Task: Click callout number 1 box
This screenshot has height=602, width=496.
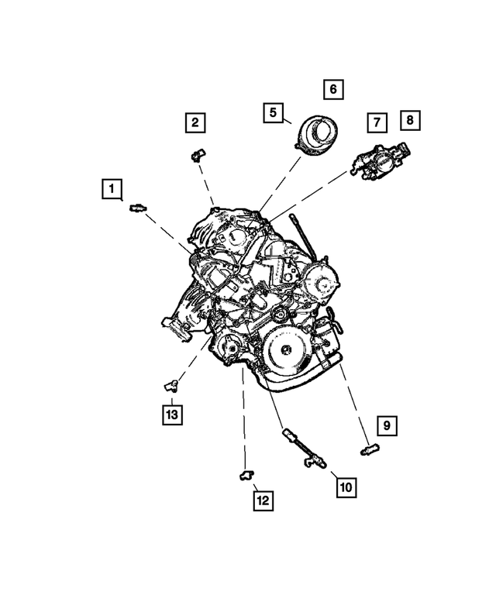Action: coord(112,188)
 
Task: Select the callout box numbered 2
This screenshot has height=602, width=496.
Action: coord(195,122)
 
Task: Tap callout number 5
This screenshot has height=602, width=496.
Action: coord(273,112)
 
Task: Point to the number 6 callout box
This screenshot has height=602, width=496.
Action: coord(332,89)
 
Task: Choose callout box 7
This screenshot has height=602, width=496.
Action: coord(377,122)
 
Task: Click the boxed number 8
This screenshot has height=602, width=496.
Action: coord(409,120)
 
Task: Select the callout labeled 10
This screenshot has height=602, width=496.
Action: coord(345,487)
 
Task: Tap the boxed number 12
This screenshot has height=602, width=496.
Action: coord(263,501)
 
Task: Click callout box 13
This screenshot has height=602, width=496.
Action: coord(171,415)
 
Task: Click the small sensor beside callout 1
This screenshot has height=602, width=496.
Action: coord(137,207)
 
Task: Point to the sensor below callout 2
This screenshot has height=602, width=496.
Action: coord(197,156)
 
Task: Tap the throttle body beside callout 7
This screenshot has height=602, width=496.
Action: coord(381,160)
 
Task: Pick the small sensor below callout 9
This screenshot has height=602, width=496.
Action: coord(369,447)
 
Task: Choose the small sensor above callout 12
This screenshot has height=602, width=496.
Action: coord(246,473)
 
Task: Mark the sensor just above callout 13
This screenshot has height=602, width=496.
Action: coord(172,384)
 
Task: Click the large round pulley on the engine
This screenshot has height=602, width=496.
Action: coord(284,350)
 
